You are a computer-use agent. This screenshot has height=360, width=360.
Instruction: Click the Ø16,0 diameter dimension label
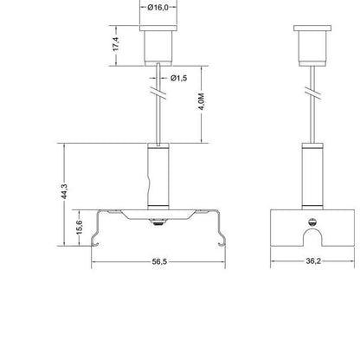(157, 8)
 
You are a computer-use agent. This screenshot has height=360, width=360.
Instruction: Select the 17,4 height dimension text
(116, 44)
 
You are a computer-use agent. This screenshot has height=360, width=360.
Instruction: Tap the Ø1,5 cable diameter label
(178, 78)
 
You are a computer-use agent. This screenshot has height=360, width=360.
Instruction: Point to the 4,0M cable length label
(202, 101)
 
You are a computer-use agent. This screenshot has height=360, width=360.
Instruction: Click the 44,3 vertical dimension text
(64, 191)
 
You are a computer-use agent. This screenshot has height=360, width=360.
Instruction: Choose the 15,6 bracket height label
(80, 228)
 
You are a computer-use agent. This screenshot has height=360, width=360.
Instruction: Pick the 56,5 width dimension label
(159, 261)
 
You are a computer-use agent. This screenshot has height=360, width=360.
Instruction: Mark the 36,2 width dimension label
(313, 261)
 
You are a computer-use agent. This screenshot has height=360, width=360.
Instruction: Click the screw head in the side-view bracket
(312, 222)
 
